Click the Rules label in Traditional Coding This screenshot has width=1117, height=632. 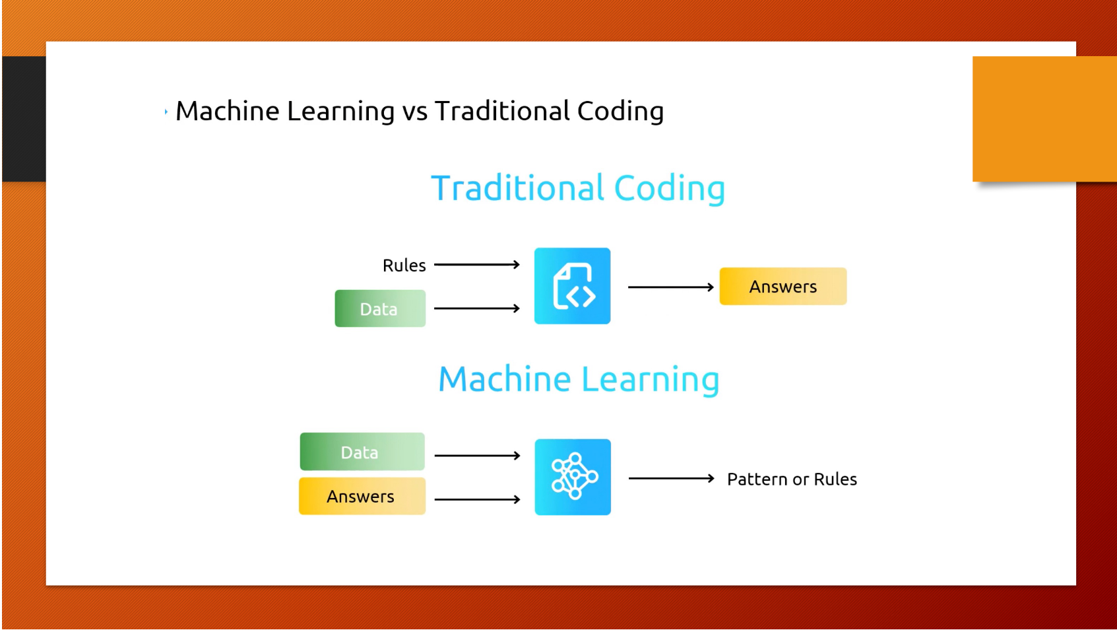(x=404, y=265)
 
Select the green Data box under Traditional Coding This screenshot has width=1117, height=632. (x=380, y=308)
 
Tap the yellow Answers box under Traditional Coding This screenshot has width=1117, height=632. (x=782, y=287)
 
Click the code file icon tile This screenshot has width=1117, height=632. (x=572, y=286)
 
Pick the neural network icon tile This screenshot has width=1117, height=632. (x=573, y=477)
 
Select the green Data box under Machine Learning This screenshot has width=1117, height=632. (x=362, y=452)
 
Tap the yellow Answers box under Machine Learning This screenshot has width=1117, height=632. (x=362, y=496)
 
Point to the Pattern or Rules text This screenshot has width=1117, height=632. (x=792, y=479)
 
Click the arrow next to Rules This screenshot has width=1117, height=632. (x=476, y=265)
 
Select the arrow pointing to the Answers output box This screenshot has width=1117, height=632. (x=670, y=287)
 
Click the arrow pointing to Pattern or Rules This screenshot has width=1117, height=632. (x=671, y=478)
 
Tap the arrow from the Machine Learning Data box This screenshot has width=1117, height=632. (x=477, y=456)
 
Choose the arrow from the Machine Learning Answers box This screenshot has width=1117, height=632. (x=477, y=500)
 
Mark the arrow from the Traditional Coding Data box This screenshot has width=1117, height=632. (x=476, y=308)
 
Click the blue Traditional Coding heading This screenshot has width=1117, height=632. (x=578, y=189)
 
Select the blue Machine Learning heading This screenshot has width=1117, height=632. (x=579, y=380)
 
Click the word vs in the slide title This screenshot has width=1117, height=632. (x=415, y=112)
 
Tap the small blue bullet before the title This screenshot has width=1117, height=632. (x=166, y=112)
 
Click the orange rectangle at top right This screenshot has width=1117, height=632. (x=1044, y=119)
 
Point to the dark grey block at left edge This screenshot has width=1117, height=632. (x=24, y=119)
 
